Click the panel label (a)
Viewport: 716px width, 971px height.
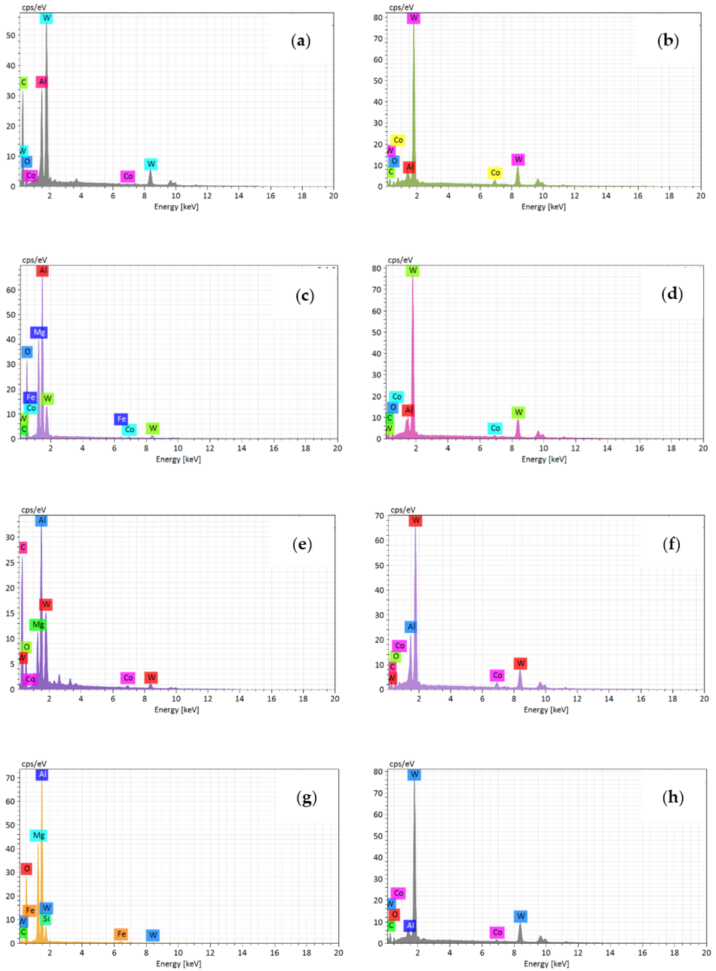[301, 41]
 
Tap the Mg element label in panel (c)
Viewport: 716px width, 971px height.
[39, 332]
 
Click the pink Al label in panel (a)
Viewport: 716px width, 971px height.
[42, 81]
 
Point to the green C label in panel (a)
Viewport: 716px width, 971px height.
[23, 82]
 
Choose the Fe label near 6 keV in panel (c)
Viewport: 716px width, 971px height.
[121, 419]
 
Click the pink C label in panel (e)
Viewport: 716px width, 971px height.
[23, 547]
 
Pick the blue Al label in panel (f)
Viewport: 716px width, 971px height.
[411, 627]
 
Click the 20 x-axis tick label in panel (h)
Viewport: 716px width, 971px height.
[706, 953]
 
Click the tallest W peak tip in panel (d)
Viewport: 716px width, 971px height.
[413, 277]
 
